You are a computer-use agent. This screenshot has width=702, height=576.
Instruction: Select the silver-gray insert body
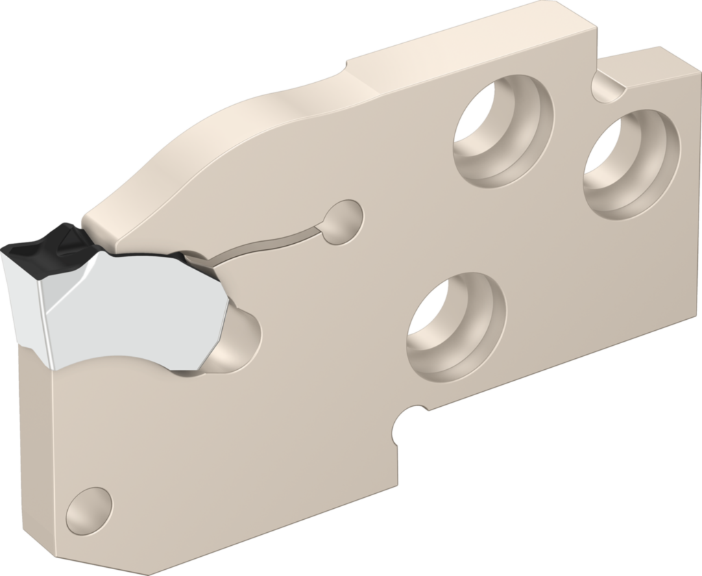pyautogui.click(x=137, y=308)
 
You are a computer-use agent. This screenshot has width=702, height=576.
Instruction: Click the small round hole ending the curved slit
pyautogui.click(x=343, y=220)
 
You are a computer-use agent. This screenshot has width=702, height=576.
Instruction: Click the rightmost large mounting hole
pyautogui.click(x=631, y=164)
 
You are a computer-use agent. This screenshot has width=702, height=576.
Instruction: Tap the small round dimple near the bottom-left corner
pyautogui.click(x=88, y=511)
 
